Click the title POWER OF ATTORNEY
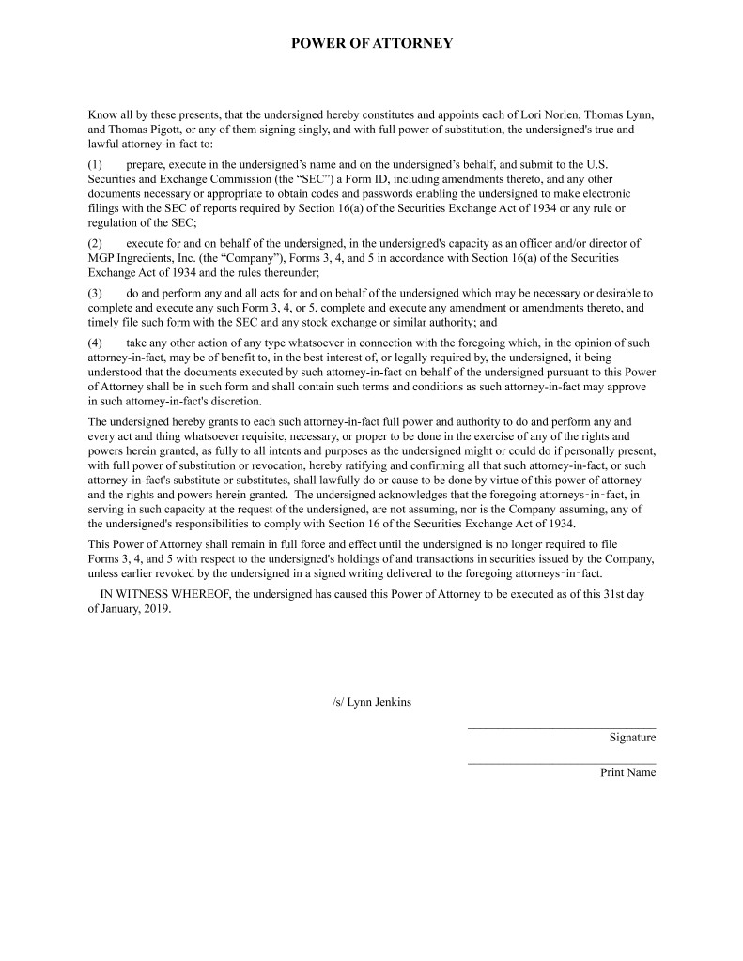[x=371, y=43]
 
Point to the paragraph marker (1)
[x=97, y=163]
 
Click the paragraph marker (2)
[x=97, y=243]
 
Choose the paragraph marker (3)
[x=97, y=294]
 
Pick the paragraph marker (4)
[x=97, y=343]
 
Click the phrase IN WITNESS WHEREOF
[x=163, y=594]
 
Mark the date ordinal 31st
[x=610, y=594]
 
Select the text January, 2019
[x=136, y=608]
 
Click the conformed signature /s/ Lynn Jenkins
[x=371, y=703]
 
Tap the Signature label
[x=632, y=738]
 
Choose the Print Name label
[x=628, y=773]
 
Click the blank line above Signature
[x=561, y=727]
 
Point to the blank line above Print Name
[x=561, y=763]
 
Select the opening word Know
[x=103, y=115]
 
